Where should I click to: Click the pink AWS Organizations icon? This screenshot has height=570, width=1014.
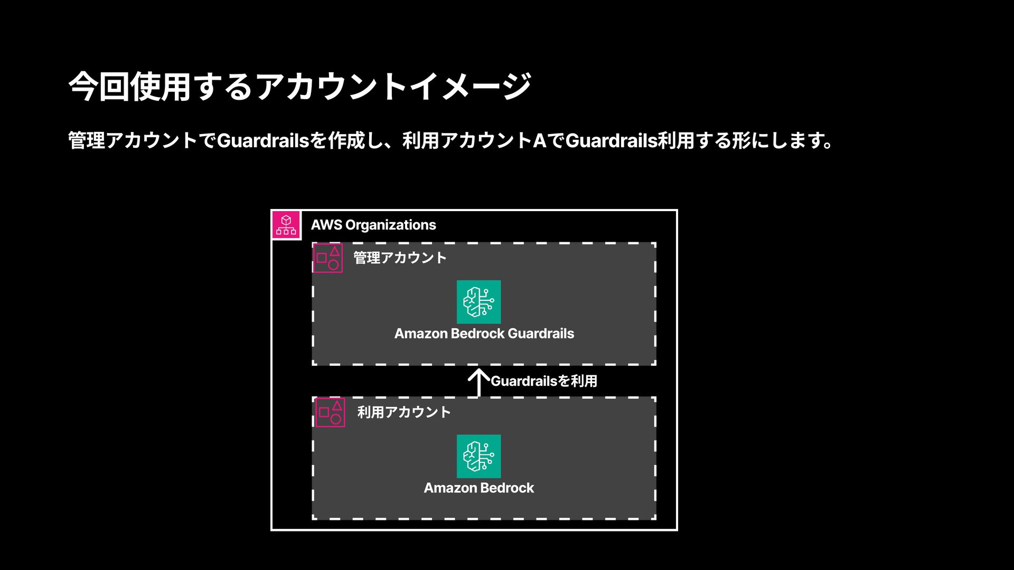(286, 225)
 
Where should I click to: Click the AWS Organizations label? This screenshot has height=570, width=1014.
(373, 225)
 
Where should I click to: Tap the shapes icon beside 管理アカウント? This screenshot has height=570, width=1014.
(327, 258)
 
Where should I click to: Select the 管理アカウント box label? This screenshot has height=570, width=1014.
(400, 258)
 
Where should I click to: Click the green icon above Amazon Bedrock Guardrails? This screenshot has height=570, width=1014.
(478, 302)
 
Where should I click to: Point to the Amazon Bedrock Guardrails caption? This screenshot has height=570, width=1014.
(484, 334)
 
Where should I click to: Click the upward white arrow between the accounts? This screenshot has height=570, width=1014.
(478, 382)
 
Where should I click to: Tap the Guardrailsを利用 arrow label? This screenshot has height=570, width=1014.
(544, 381)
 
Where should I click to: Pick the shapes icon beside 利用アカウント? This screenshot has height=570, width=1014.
(330, 412)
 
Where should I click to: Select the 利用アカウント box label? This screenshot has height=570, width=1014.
(404, 412)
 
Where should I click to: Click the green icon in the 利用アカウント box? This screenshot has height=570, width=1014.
(478, 456)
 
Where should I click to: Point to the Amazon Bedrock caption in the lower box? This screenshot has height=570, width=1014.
(478, 488)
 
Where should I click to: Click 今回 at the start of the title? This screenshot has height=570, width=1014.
(98, 87)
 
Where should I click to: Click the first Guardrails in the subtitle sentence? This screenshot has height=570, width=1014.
(262, 141)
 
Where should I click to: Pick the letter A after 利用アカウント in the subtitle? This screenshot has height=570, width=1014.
(539, 141)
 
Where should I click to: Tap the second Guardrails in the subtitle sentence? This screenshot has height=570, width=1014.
(611, 141)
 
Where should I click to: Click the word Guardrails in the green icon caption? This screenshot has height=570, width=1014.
(541, 334)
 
